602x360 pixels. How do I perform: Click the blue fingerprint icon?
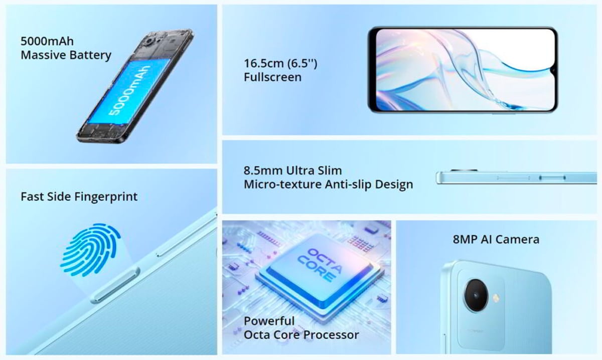(x=91, y=250)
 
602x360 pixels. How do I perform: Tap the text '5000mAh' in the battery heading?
(x=47, y=41)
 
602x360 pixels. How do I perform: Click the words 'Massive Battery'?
(x=66, y=55)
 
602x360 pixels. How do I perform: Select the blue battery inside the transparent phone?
(x=129, y=91)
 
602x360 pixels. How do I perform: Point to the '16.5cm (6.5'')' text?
(x=280, y=63)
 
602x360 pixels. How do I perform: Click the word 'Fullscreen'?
(x=272, y=77)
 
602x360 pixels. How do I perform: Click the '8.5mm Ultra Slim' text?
(x=292, y=170)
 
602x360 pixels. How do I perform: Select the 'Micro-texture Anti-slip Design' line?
(x=328, y=185)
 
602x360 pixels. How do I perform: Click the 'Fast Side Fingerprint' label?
(x=79, y=197)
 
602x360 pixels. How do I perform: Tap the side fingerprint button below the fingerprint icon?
(x=115, y=285)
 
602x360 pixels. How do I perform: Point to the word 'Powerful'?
(x=269, y=321)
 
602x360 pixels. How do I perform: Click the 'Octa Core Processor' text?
(x=302, y=335)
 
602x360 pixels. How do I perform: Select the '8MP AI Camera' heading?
(x=496, y=239)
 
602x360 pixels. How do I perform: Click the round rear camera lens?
(x=476, y=295)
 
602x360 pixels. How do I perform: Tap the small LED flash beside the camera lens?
(x=496, y=297)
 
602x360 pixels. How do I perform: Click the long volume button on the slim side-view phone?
(x=513, y=178)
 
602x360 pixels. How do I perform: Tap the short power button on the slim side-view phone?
(x=552, y=178)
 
